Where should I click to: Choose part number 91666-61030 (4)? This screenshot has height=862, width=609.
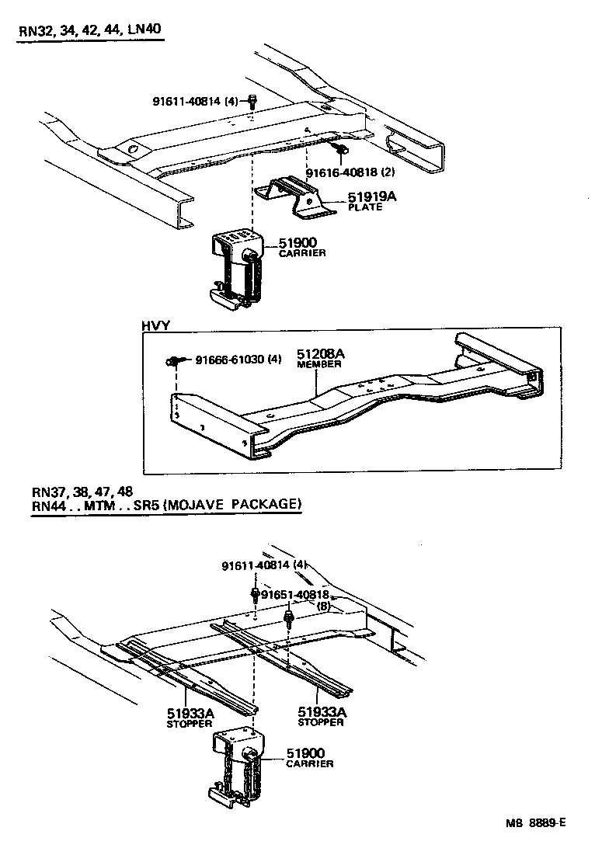tap(238, 360)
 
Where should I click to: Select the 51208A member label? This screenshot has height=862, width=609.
tap(320, 358)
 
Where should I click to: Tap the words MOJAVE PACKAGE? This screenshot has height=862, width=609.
tap(236, 504)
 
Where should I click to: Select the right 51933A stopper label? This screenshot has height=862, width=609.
tap(321, 716)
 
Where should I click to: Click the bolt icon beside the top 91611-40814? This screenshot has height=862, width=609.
tap(252, 100)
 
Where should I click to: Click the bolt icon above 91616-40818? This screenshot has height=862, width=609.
tap(339, 148)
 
